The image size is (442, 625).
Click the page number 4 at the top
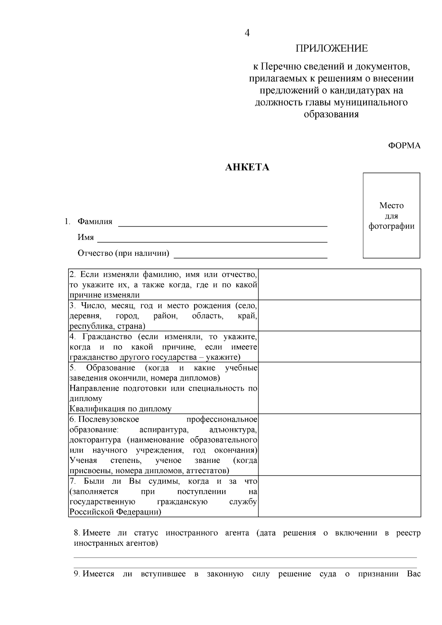point(247,33)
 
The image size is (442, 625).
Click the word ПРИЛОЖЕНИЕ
point(331,49)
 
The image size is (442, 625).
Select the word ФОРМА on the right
point(404,146)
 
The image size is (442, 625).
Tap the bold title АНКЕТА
point(247,168)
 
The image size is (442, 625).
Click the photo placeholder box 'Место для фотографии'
point(392,216)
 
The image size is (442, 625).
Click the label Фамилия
point(95,222)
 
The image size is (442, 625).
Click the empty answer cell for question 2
point(339,284)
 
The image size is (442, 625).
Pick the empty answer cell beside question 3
point(339,315)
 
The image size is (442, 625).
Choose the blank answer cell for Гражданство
point(339,346)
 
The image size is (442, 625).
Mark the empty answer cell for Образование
point(339,388)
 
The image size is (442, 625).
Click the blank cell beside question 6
point(339,445)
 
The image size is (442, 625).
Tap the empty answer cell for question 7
point(339,496)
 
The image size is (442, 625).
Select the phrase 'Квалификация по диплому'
point(120,409)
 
